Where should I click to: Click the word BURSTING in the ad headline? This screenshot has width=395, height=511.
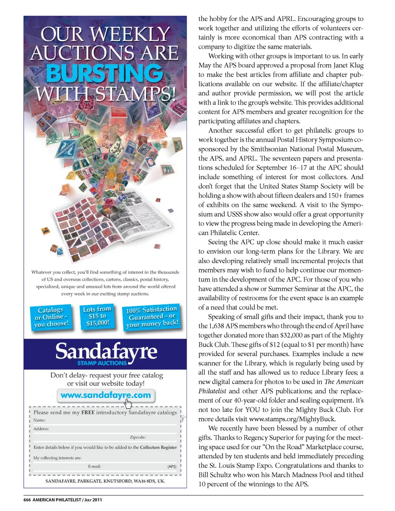105,74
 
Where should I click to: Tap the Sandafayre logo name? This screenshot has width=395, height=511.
106,351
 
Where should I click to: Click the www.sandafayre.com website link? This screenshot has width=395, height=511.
105,395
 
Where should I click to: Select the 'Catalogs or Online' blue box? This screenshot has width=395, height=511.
51,317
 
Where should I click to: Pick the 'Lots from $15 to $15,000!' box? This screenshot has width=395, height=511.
97,316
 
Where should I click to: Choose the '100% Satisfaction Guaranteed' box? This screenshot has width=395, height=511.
152,317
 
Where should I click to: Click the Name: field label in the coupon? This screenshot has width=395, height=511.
39,420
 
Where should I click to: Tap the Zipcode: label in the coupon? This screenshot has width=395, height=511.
137,437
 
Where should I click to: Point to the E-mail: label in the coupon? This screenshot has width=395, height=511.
94,467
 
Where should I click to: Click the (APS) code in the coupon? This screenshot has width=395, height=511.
172,467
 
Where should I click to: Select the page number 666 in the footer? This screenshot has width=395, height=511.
27,500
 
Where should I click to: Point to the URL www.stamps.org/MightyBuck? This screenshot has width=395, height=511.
292,419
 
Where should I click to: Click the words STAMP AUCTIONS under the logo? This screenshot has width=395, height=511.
102,363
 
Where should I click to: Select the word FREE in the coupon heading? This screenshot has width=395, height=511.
88,412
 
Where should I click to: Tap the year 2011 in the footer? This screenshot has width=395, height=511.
97,500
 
